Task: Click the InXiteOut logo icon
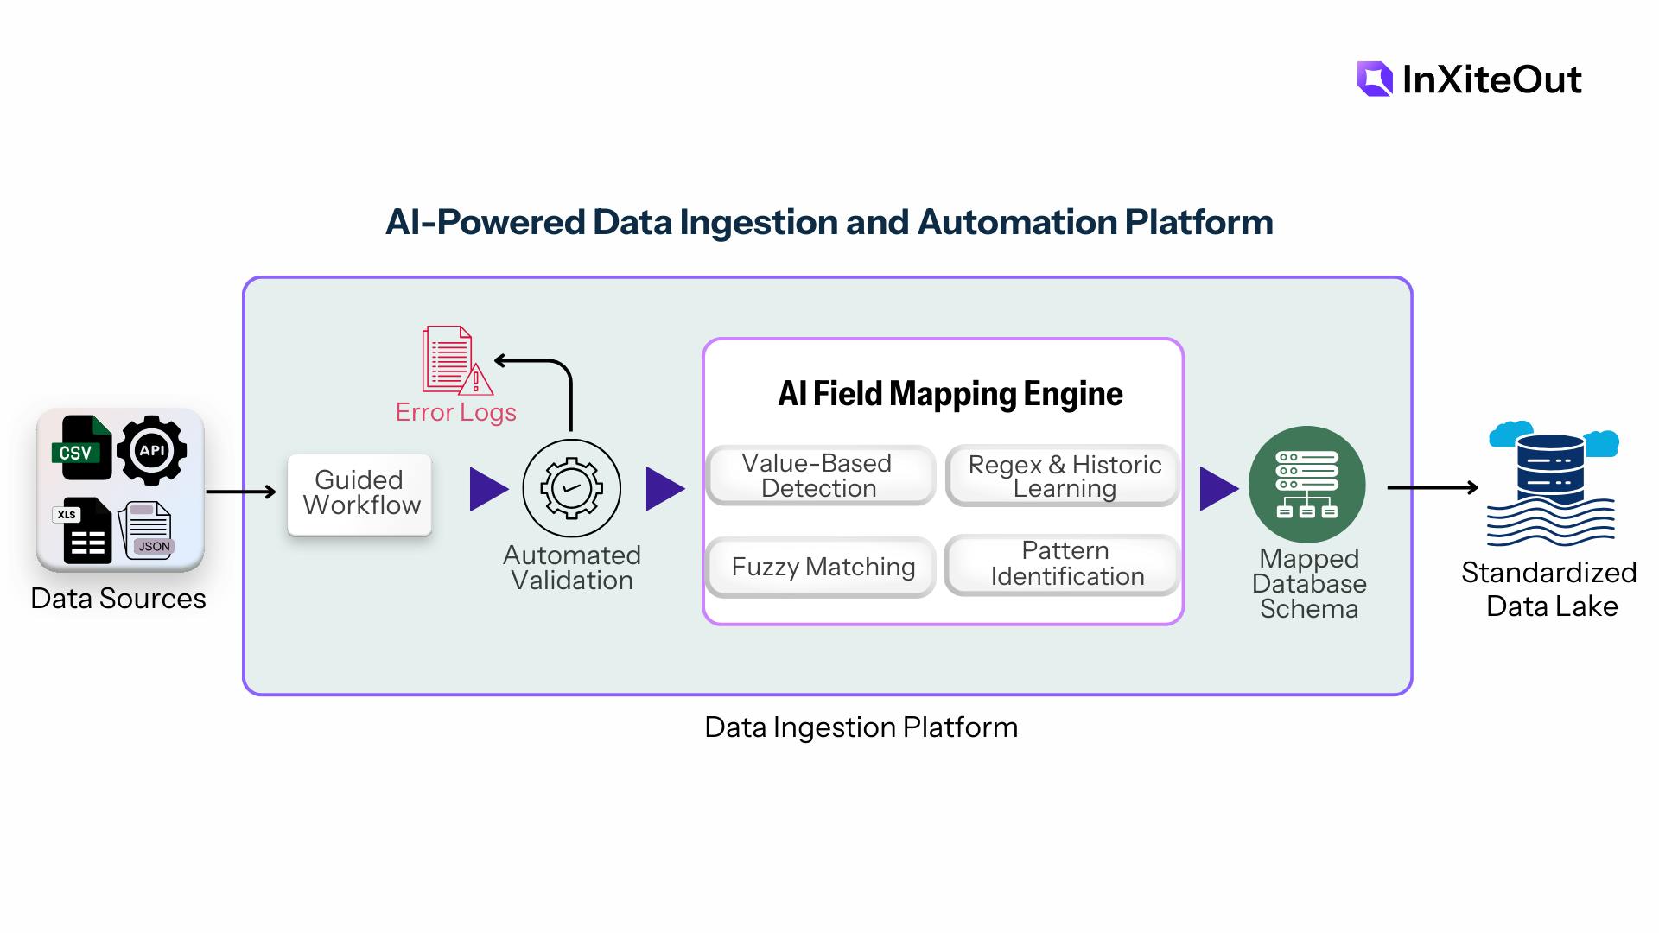1375,79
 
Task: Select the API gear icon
151,450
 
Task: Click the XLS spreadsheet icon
83,530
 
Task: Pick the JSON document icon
146,530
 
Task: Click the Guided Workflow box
359,494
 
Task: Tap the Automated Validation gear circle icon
571,488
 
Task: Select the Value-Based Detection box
820,475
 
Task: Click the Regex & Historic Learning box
1063,475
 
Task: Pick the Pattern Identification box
1063,564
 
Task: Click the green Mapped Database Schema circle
1306,485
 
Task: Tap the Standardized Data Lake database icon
1551,484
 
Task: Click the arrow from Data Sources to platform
240,492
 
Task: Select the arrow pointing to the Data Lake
1432,488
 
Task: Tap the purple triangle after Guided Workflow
487,489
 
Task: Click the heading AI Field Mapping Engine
950,394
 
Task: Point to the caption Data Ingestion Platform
861,727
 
